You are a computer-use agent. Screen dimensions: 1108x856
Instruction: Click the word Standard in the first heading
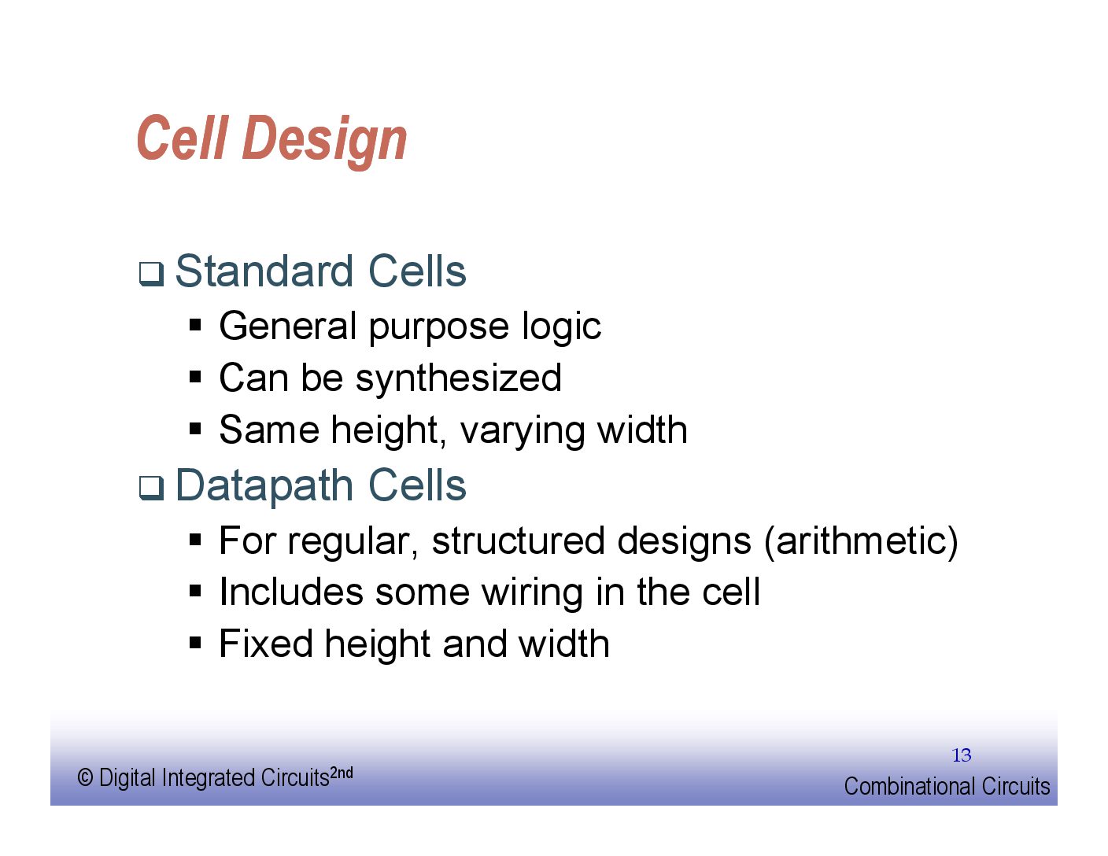click(x=264, y=271)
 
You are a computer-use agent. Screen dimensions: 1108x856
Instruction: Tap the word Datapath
click(x=264, y=486)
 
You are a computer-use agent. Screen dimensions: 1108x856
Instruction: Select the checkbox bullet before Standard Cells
click(x=151, y=274)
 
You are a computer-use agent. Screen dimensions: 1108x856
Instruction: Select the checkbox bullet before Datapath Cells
click(x=151, y=488)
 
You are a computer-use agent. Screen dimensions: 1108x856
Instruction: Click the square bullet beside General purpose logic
click(x=195, y=325)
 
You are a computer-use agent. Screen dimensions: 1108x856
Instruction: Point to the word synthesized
click(x=459, y=378)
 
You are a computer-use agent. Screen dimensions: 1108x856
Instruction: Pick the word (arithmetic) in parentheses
click(x=861, y=541)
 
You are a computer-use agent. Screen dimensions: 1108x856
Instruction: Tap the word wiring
click(x=533, y=593)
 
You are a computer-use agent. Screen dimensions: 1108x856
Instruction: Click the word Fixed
click(x=266, y=644)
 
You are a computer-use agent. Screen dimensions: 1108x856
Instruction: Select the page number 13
click(x=962, y=755)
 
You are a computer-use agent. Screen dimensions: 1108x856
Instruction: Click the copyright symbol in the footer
click(x=85, y=778)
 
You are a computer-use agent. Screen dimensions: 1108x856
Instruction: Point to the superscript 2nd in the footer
click(x=341, y=773)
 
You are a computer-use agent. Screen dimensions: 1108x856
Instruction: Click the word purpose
click(x=438, y=328)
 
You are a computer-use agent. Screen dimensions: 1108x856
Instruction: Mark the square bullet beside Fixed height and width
click(x=195, y=642)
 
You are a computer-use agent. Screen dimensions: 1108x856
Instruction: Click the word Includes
click(x=291, y=593)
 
